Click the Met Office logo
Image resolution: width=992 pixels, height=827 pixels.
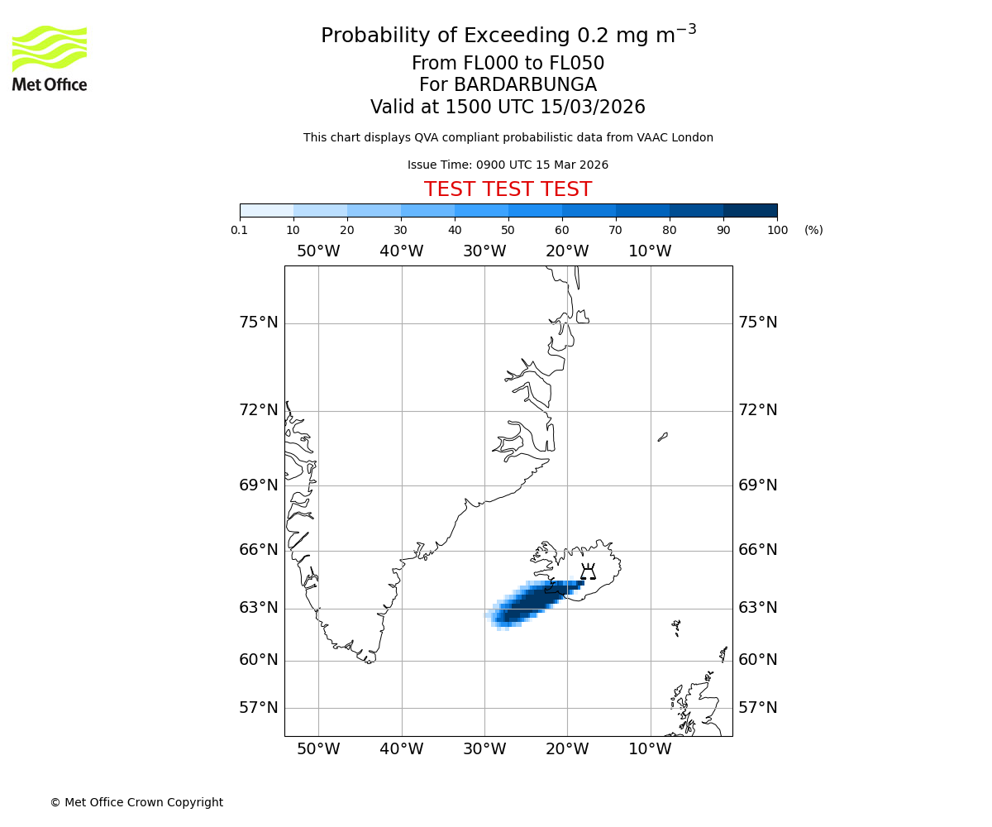pos(50,58)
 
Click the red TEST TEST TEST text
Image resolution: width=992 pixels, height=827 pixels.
pos(508,189)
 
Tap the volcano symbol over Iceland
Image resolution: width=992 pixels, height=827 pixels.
pos(588,571)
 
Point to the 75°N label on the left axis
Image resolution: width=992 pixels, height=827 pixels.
pos(259,323)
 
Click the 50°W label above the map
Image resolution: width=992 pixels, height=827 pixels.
pos(318,251)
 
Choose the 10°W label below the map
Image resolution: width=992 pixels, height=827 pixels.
pos(650,749)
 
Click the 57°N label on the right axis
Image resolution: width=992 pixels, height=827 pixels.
pos(757,708)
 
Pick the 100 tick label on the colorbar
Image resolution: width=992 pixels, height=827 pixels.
pos(777,230)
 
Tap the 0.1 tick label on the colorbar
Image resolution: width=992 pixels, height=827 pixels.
pos(240,230)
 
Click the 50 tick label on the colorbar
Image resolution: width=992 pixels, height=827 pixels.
pos(508,230)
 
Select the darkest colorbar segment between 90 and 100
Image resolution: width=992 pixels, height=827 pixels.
pos(750,210)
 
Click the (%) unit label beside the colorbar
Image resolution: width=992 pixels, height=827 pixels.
pos(813,230)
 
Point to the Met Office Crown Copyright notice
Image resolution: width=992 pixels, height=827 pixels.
pos(136,802)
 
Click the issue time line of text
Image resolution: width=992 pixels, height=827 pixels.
pos(508,165)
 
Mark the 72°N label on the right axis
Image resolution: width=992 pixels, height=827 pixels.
pos(757,410)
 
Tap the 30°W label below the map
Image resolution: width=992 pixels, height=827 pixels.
pos(484,749)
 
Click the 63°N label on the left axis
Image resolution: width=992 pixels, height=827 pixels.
pos(259,608)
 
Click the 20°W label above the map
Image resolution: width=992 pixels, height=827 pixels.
pos(567,251)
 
